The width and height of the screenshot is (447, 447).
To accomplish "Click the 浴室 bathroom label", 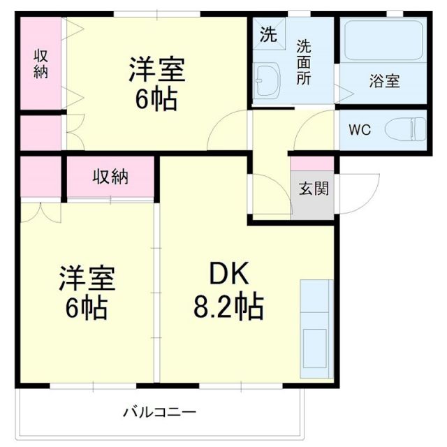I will click(384, 80).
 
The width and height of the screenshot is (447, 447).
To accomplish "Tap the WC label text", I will click(360, 129).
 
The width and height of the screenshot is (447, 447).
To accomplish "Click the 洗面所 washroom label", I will click(304, 62).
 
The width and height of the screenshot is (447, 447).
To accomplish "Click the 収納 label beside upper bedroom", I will click(41, 64).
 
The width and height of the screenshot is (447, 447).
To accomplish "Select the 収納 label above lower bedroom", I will click(110, 177).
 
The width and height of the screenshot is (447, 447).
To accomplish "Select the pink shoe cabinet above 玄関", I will click(312, 163).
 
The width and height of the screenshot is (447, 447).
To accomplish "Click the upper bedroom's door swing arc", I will click(227, 129).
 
